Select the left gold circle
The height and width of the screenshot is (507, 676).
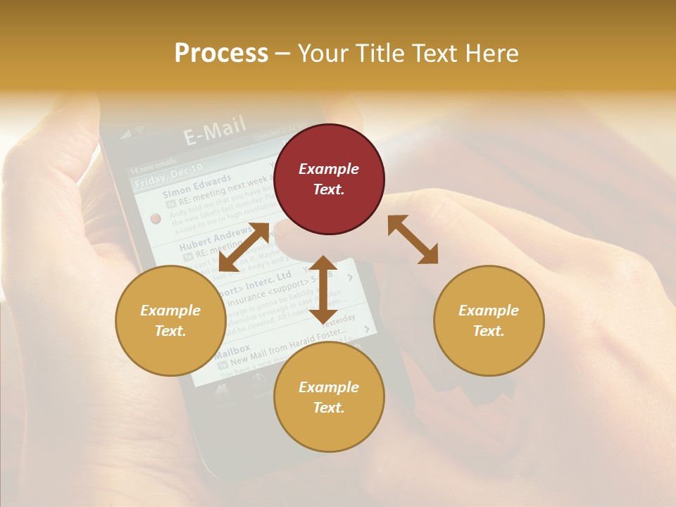click(170, 320)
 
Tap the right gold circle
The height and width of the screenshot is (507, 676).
click(489, 320)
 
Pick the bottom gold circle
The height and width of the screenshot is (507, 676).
click(329, 397)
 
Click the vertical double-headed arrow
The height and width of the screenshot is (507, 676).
click(323, 289)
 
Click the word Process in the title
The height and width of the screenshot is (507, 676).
click(221, 53)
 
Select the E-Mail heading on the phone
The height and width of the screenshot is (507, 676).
click(215, 130)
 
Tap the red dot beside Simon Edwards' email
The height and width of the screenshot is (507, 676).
click(156, 218)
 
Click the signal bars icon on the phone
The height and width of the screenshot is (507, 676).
click(126, 134)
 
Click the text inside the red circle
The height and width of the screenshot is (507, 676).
click(329, 179)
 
